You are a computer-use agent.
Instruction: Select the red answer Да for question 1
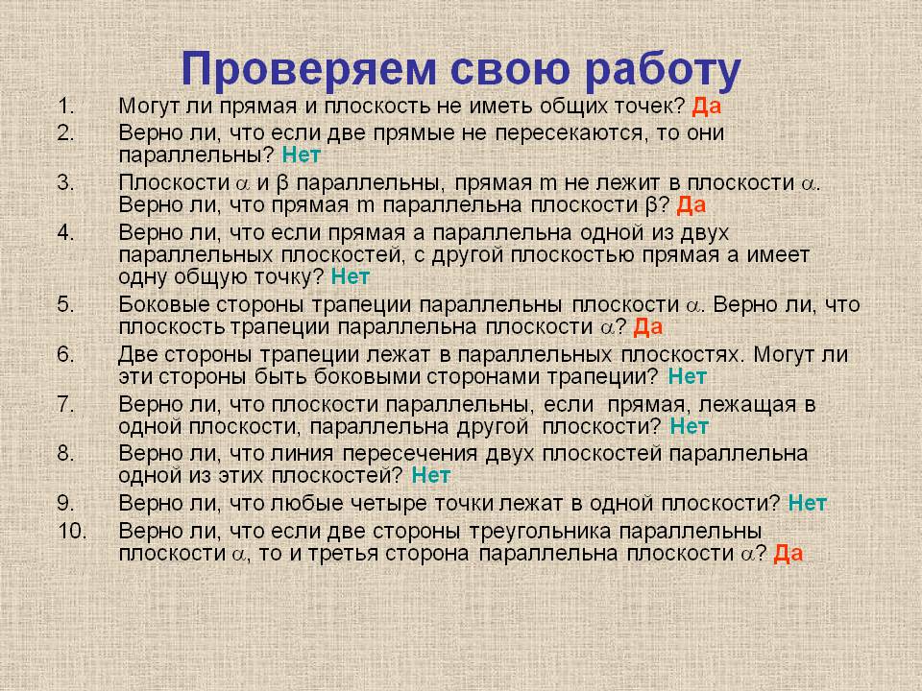click(707, 107)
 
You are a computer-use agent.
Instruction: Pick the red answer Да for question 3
click(691, 204)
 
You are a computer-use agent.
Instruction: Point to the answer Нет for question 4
click(350, 277)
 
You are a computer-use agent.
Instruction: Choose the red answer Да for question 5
click(648, 327)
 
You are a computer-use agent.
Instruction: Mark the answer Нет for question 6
click(687, 375)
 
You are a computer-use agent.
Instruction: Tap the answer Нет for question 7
click(689, 425)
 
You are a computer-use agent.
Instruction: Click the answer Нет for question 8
click(430, 475)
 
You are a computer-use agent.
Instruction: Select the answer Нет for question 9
click(807, 503)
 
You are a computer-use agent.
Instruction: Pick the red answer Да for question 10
click(788, 553)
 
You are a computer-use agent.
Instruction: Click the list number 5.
click(65, 304)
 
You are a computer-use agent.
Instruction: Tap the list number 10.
click(71, 530)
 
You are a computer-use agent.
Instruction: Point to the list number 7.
click(65, 403)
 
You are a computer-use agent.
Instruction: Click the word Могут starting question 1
click(148, 107)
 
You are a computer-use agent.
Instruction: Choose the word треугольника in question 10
click(534, 531)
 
